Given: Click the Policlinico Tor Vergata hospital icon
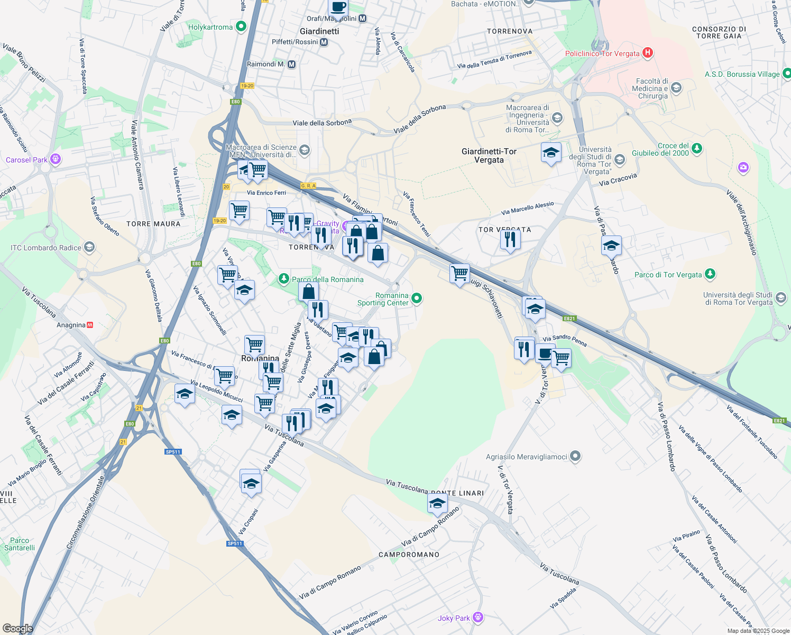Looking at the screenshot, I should coord(648,53).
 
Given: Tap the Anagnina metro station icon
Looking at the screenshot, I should coord(90,325).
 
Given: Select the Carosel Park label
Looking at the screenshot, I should coord(26,160).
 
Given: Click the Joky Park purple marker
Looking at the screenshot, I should coord(479,617).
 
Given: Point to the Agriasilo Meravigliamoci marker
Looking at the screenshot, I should coord(576,456).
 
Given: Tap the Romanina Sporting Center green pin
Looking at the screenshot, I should coord(417,298).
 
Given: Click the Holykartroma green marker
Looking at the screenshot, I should coord(241,26).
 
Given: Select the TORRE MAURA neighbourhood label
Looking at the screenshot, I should coord(153,224).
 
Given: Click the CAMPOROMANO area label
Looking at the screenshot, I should coord(409,555).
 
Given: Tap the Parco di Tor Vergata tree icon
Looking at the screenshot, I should coord(710,274).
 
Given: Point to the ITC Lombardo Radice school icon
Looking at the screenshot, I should coord(89,247).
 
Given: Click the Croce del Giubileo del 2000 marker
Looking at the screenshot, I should coord(697,148).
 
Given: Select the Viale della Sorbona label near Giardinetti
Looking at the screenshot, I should coord(322,122).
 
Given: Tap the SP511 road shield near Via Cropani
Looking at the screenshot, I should coord(235,543).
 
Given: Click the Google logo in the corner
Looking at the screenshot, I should coord(17,629).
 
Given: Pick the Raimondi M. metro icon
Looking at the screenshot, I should coord(291,64).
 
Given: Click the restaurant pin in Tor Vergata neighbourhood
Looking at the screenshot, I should coord(510,240).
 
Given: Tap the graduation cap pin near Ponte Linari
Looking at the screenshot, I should coord(437,504).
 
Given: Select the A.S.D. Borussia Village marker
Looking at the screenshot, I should coord(786,74).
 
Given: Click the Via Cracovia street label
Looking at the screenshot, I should coord(618,180).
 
